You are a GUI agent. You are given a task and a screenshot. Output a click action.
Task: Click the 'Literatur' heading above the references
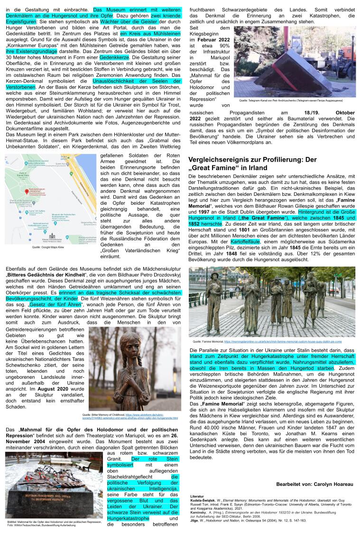196,495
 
